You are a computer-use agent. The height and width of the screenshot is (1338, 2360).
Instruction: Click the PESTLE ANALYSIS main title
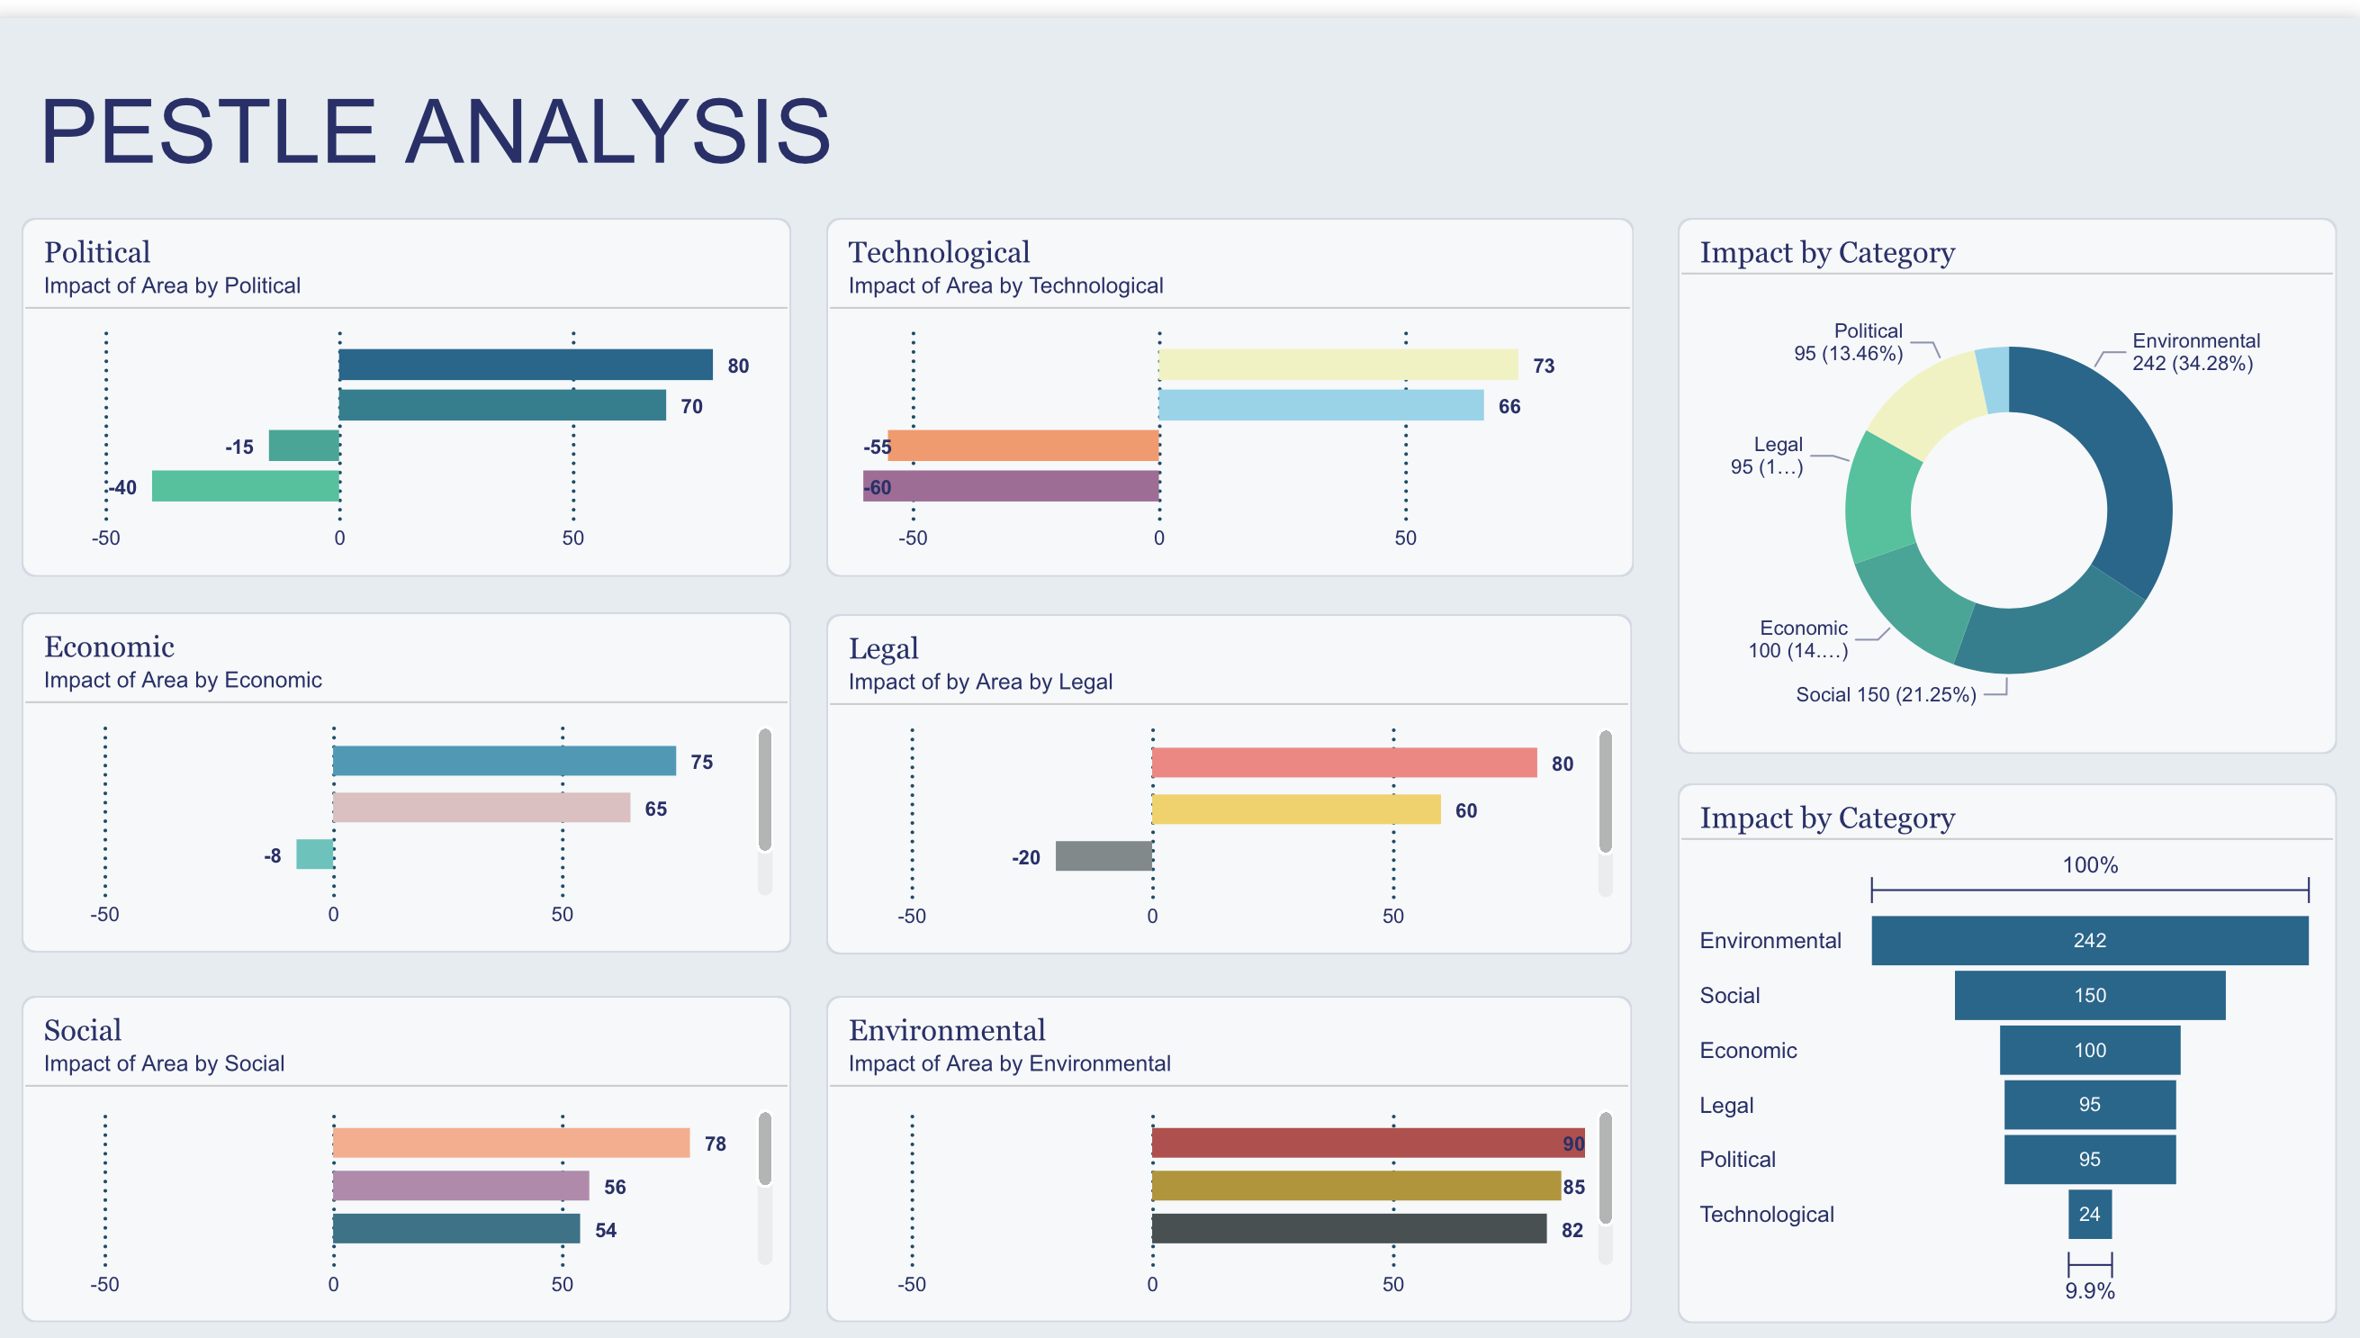click(x=436, y=131)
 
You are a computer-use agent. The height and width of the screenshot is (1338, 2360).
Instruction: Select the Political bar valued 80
click(x=525, y=365)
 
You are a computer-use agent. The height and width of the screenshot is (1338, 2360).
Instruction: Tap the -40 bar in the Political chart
click(x=246, y=486)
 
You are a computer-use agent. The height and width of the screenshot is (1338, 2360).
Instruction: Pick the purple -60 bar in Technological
click(x=1011, y=486)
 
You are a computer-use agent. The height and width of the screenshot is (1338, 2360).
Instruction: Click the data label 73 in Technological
click(x=1544, y=366)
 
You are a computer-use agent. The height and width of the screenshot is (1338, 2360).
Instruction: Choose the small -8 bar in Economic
click(x=314, y=854)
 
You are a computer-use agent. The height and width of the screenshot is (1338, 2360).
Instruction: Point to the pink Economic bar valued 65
click(x=482, y=808)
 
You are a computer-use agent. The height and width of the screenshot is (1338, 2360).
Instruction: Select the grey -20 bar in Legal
click(x=1103, y=855)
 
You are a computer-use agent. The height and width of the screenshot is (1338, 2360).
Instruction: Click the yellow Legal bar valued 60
click(x=1295, y=809)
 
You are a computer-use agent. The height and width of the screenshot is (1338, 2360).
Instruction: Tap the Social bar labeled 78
click(x=510, y=1143)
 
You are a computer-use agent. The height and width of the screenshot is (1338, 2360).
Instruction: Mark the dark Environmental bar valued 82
click(x=1348, y=1229)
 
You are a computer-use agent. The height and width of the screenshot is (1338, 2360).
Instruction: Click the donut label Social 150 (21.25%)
click(x=1885, y=695)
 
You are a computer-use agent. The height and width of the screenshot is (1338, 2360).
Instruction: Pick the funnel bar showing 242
click(x=2089, y=940)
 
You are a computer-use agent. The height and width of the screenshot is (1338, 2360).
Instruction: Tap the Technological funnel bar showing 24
click(x=2089, y=1214)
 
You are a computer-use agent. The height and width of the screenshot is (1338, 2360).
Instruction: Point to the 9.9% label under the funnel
click(x=2089, y=1291)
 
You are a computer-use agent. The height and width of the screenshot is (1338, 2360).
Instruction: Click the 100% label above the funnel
click(x=2089, y=864)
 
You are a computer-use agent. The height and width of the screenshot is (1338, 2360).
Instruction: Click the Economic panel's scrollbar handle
click(x=764, y=791)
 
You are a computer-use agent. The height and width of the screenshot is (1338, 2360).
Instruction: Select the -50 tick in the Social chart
click(x=104, y=1284)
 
